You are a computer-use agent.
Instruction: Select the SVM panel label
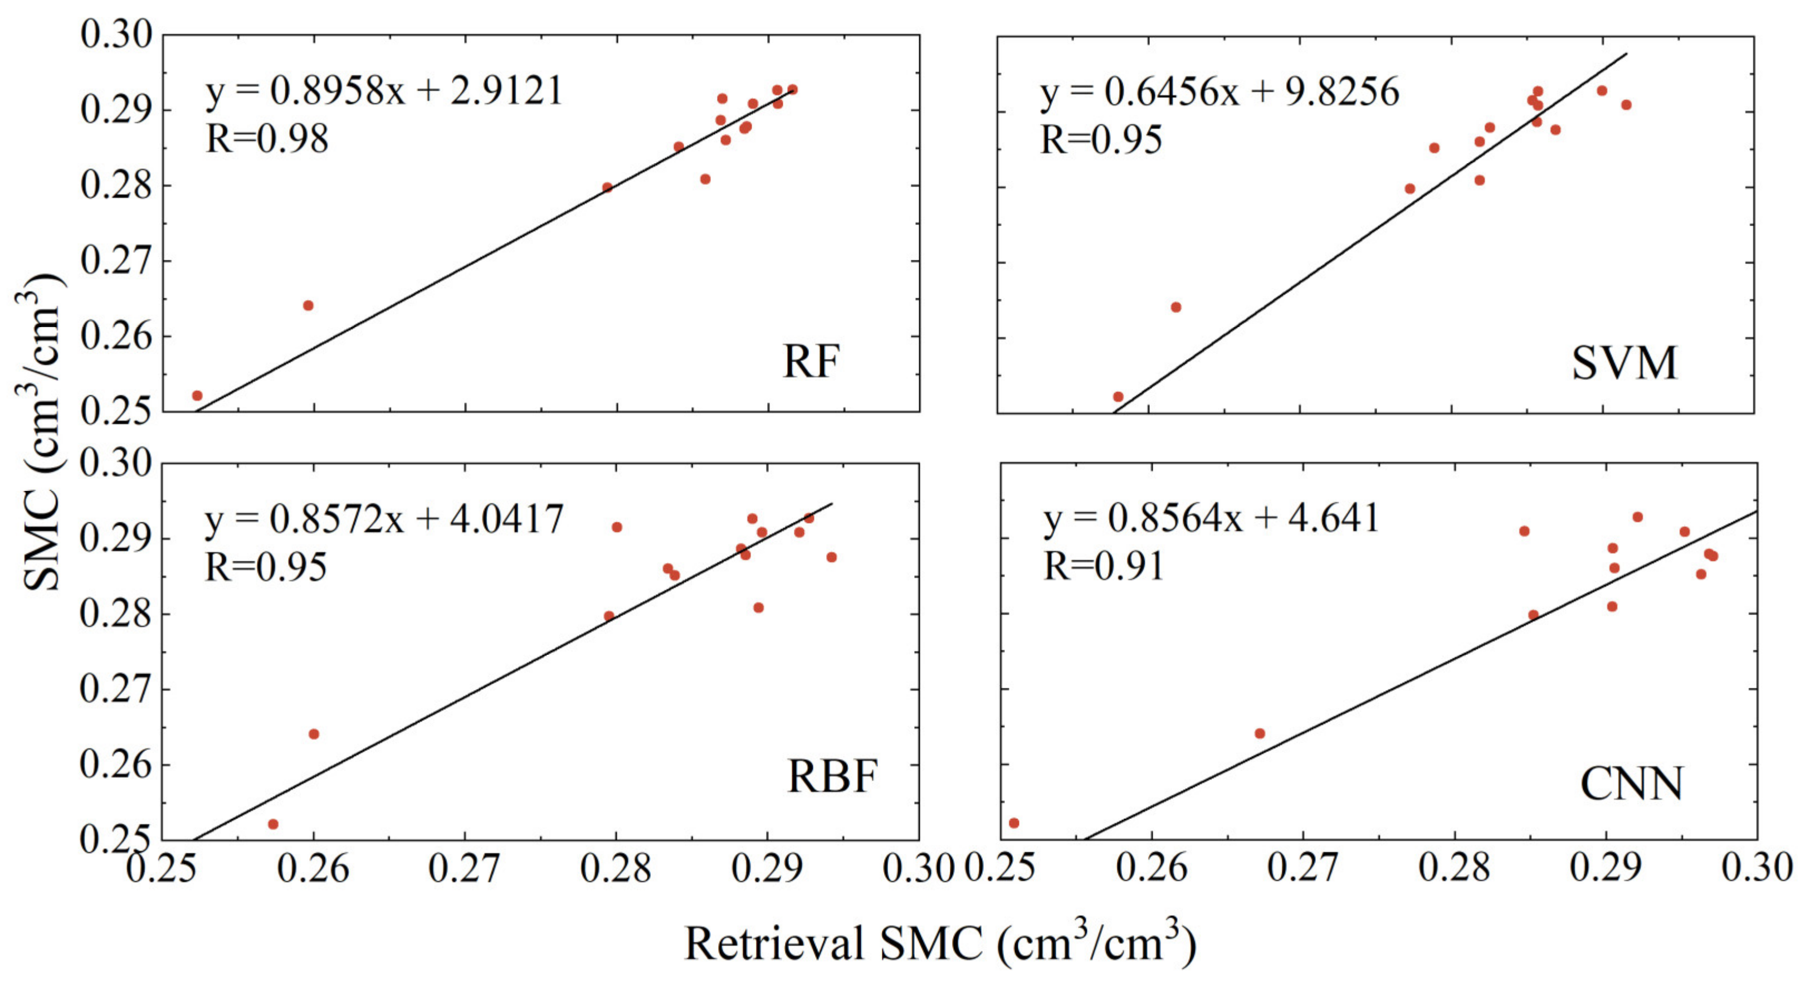click(x=1624, y=363)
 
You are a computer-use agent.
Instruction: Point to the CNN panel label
click(x=1632, y=784)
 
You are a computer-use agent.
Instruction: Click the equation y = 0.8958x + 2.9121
click(x=384, y=91)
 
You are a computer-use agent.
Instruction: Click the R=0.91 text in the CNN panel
click(x=1103, y=566)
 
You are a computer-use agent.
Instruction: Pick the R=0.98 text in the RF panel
click(x=267, y=138)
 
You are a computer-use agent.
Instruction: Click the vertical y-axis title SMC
click(x=41, y=432)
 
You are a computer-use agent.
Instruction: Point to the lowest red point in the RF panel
click(x=197, y=396)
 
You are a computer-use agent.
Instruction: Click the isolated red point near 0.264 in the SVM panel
click(x=1176, y=307)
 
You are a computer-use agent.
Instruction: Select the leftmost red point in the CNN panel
click(x=1014, y=823)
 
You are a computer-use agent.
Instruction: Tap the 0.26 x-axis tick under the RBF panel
click(x=313, y=869)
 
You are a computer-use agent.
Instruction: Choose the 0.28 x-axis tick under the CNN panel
click(x=1454, y=869)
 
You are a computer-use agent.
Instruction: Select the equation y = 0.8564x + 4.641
click(x=1211, y=519)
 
